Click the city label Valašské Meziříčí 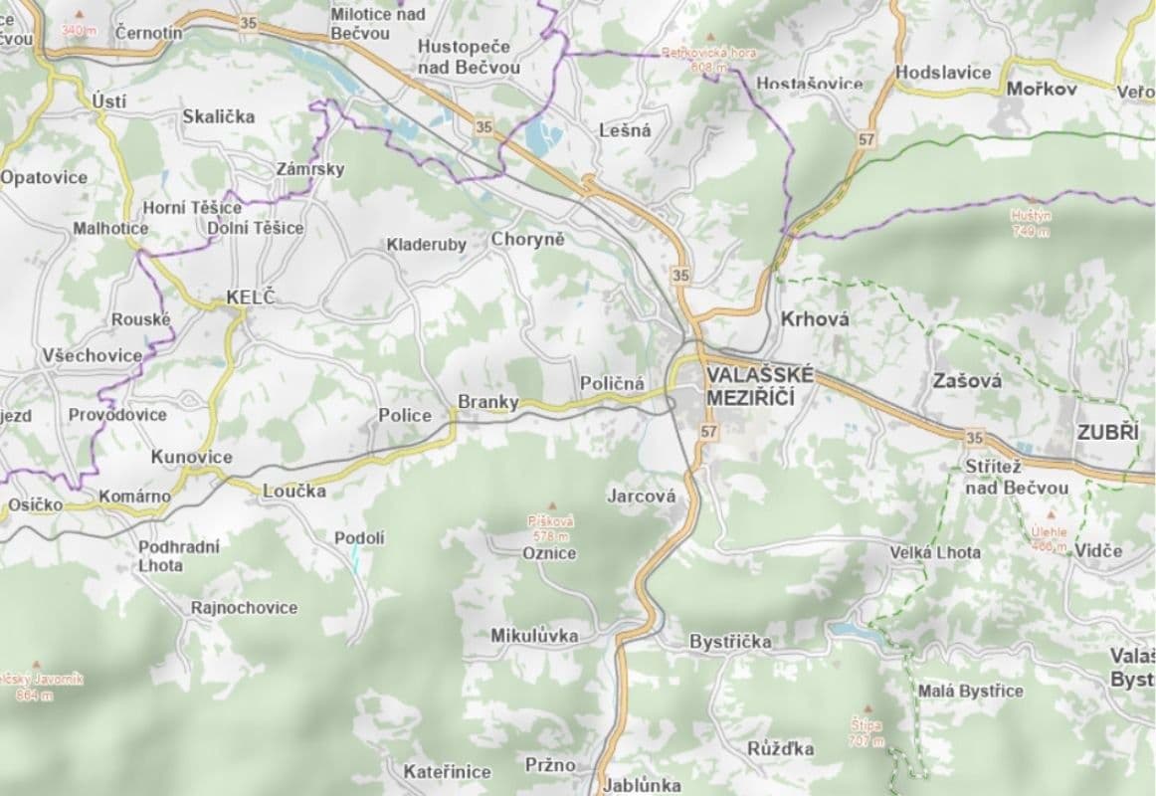[760, 386]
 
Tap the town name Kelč [250, 297]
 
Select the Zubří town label [1107, 433]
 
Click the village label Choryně [527, 240]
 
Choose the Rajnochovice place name [244, 607]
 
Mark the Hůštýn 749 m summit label [1030, 223]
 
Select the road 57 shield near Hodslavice [867, 139]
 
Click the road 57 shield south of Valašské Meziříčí [708, 432]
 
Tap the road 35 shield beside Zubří [973, 437]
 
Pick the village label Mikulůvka [533, 636]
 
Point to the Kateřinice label [447, 771]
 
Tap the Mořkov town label [1042, 89]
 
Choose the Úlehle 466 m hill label [1049, 538]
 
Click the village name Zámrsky [310, 169]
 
